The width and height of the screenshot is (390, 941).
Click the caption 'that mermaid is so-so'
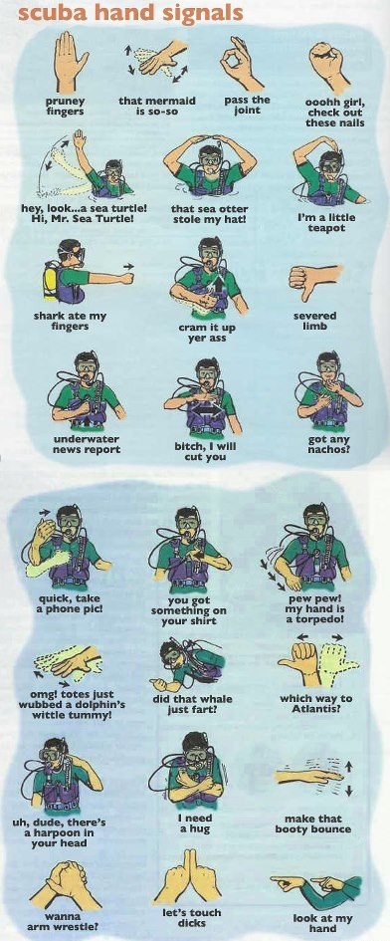point(157,106)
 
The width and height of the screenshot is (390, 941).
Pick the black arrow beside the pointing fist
point(128,265)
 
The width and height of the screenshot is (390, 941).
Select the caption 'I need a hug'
point(196,823)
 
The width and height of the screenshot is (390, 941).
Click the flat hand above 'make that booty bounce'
point(309,776)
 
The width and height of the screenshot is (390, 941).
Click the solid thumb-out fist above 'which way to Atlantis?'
point(301,661)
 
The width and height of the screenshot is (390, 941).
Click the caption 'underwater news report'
point(87,444)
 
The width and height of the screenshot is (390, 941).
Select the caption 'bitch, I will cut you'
point(205,452)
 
